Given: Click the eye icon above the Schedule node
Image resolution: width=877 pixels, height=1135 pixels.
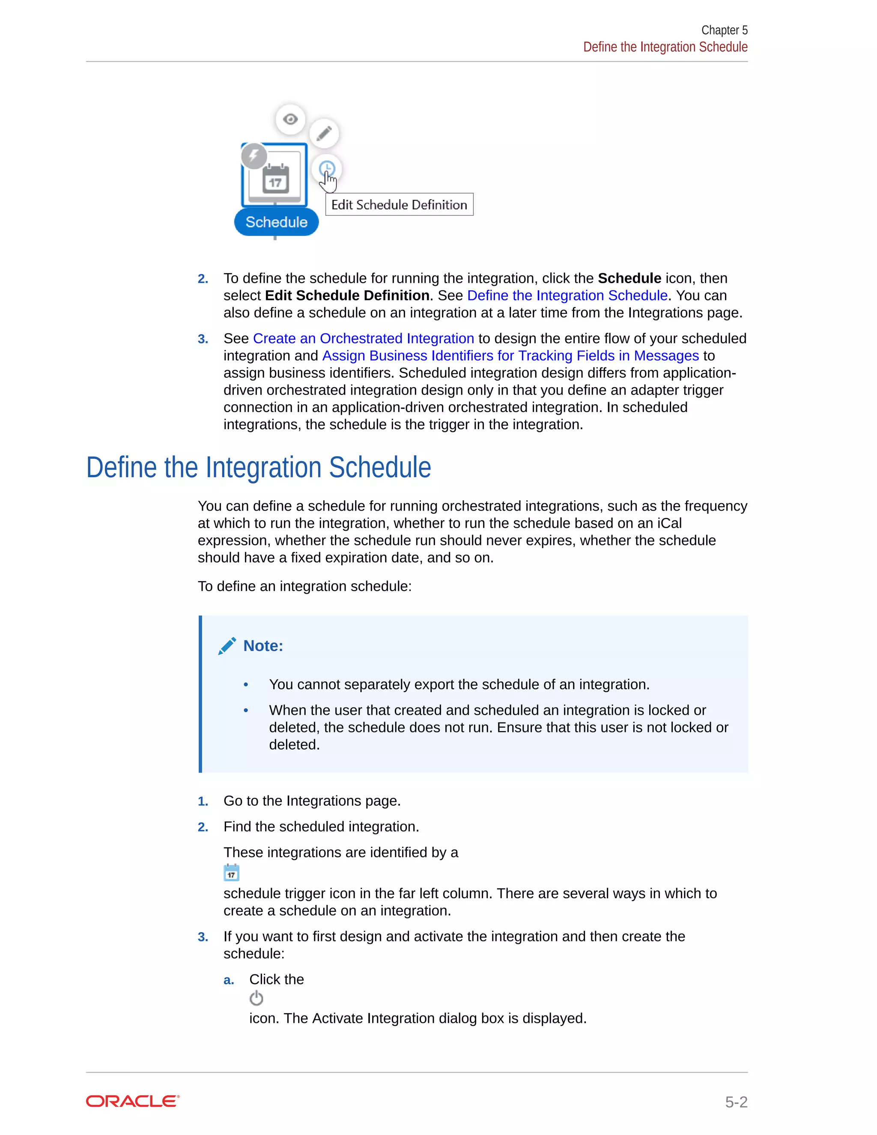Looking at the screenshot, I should [290, 119].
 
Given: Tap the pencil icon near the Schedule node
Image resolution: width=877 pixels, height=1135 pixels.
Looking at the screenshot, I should [324, 134].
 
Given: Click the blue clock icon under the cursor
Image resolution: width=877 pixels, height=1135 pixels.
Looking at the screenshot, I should [327, 168].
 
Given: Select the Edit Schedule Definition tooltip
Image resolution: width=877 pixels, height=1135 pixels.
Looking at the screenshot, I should [399, 205].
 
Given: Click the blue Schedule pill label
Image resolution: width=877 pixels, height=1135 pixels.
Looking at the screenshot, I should [276, 222].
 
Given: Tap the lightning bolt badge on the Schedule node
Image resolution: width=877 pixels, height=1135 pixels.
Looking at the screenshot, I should [254, 155].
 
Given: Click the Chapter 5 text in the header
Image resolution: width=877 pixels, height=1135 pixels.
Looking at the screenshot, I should [724, 30].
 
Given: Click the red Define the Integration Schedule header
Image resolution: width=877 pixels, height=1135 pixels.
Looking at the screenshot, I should [665, 47].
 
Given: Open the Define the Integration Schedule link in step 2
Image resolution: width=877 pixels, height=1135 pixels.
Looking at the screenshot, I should [567, 296].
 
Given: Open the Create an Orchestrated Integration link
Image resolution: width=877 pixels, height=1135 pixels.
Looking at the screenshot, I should [363, 339].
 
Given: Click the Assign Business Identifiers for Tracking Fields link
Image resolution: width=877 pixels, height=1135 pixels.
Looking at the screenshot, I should [510, 356].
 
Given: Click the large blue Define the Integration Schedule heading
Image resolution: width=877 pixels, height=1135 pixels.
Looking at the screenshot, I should [258, 468].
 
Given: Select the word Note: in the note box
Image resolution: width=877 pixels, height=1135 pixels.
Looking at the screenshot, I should [263, 646].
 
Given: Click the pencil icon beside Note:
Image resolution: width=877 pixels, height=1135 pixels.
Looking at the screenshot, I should [227, 646].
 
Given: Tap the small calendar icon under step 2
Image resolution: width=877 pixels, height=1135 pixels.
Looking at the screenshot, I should [231, 872].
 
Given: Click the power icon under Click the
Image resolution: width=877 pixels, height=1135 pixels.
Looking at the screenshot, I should [256, 998].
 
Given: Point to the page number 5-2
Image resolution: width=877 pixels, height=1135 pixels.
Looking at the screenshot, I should [736, 1102].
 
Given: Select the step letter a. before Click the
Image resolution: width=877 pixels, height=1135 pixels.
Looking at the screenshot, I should [229, 980].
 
